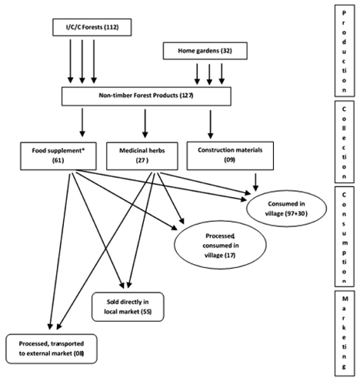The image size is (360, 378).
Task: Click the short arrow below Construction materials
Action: [255, 182]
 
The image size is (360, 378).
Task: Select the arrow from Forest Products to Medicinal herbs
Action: [145, 123]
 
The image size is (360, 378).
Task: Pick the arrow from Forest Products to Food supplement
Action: [82, 122]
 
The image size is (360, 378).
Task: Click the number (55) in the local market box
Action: [146, 312]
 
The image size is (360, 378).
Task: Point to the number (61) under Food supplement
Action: [58, 160]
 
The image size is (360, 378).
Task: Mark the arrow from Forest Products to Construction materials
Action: [211, 125]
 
